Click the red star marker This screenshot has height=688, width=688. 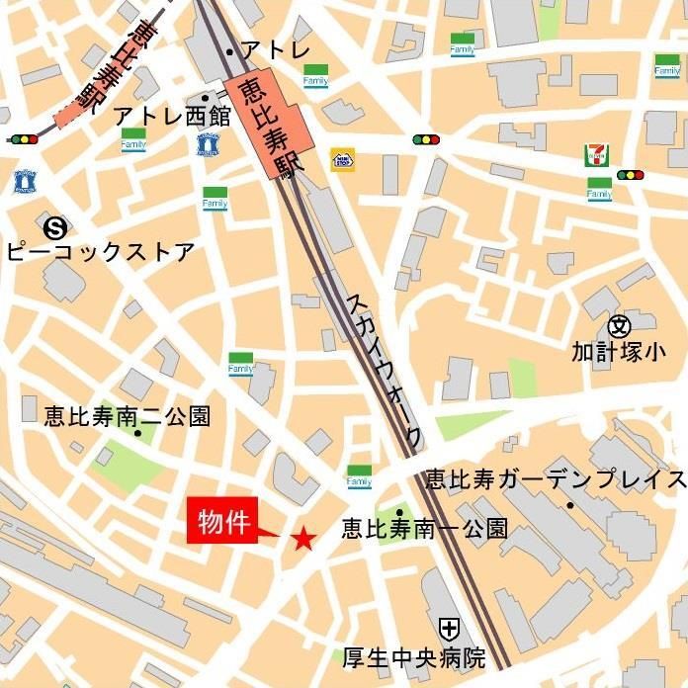[303, 538]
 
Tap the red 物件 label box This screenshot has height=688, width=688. [222, 520]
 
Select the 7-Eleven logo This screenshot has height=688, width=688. [597, 155]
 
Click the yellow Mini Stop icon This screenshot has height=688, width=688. [342, 159]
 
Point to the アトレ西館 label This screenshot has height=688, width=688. [171, 116]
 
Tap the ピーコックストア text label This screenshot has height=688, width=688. [100, 251]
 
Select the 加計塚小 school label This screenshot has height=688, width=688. [629, 350]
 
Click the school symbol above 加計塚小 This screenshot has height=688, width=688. [619, 324]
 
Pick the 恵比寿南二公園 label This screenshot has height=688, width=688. [127, 416]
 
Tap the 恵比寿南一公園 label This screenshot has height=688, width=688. [424, 529]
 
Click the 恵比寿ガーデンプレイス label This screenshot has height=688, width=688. [554, 479]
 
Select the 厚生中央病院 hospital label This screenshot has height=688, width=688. [414, 656]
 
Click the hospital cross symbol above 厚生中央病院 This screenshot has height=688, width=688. [449, 627]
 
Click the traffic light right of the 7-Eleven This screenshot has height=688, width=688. [630, 175]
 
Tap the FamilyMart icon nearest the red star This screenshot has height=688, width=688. [359, 476]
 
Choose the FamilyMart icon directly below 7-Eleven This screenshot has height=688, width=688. [599, 189]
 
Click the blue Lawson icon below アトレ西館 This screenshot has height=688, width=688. [207, 144]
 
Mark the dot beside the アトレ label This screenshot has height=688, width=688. [229, 51]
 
